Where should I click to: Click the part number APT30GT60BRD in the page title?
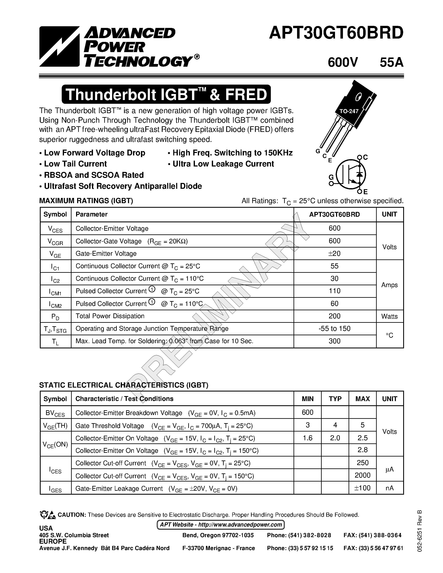(336, 34)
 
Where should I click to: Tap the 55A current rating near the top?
(391, 63)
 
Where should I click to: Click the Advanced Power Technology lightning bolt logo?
(59, 46)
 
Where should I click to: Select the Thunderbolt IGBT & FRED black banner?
(166, 94)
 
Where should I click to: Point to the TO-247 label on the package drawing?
(349, 111)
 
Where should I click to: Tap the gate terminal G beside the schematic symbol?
(331, 178)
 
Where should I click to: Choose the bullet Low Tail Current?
(75, 164)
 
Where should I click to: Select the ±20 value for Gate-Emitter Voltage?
(334, 253)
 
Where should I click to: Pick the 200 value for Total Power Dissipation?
(334, 316)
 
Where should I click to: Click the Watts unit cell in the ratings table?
(389, 317)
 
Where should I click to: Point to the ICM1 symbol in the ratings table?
(55, 292)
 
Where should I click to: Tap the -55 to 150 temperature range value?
(334, 329)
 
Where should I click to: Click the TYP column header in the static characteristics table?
(335, 399)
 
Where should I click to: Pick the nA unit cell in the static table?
(389, 488)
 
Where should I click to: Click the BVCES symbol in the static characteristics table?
(55, 413)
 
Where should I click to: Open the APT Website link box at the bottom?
(221, 525)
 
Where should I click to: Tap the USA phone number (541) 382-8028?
(299, 535)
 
